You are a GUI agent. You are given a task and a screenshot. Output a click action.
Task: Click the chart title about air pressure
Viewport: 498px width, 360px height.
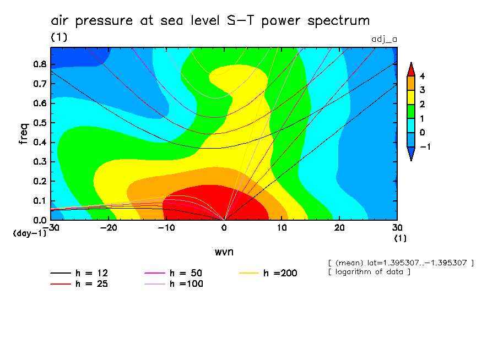tap(210, 21)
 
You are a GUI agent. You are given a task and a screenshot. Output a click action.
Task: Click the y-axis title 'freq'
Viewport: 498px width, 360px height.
tap(23, 134)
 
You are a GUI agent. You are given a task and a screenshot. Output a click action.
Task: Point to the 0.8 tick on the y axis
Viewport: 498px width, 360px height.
tap(39, 64)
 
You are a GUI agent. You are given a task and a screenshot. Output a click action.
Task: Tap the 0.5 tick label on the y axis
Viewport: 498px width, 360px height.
tap(39, 123)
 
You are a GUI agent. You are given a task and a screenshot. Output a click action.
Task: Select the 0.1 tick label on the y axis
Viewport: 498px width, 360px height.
tap(39, 201)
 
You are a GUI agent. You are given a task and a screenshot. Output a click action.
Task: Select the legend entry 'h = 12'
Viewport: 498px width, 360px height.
tap(93, 273)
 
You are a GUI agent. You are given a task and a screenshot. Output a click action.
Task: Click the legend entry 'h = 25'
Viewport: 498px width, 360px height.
tap(93, 284)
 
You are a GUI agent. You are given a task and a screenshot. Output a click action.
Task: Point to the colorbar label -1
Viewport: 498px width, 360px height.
tap(424, 147)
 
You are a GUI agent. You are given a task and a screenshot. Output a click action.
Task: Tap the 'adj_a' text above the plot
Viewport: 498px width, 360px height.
tap(385, 39)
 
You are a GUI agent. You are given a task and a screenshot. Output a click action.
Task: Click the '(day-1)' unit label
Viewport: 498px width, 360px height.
tap(30, 233)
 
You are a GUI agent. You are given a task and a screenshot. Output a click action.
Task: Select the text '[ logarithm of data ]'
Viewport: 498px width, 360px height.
tap(369, 272)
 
